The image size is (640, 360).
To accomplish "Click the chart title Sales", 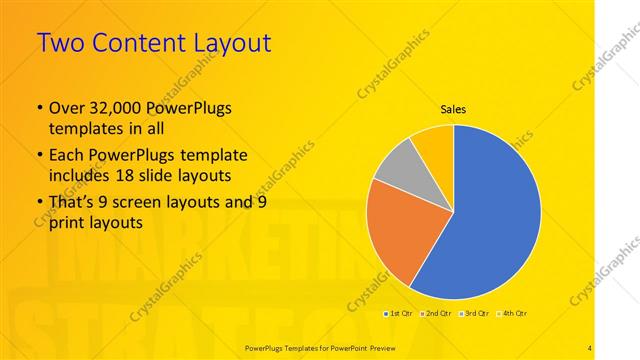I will click(x=453, y=110).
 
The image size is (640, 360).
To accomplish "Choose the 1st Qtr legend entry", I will click(x=399, y=313).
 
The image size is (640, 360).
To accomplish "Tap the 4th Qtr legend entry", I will click(x=512, y=313).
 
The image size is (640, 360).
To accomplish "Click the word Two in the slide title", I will click(x=59, y=43).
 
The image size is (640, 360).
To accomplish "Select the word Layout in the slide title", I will click(x=233, y=43).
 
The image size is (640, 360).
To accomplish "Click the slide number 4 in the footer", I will click(x=590, y=346).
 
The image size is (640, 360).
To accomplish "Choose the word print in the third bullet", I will click(x=69, y=223).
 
